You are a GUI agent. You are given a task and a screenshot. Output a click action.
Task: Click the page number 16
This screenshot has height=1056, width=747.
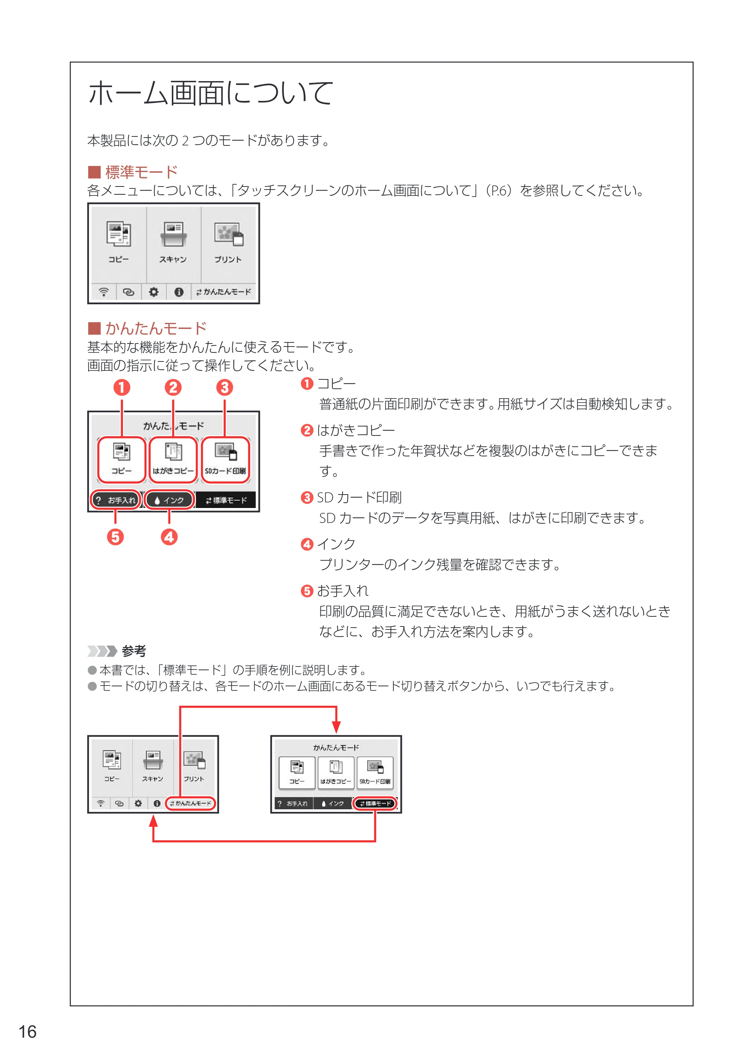tap(27, 1032)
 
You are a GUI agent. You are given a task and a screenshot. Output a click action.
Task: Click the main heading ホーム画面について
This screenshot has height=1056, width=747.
tap(210, 93)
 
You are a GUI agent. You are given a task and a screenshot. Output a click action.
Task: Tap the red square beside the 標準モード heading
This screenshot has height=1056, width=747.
tap(94, 172)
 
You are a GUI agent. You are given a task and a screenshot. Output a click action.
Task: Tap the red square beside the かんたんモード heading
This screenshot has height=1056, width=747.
tap(94, 328)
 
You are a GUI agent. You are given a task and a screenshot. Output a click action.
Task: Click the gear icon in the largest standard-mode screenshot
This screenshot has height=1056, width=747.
tap(154, 292)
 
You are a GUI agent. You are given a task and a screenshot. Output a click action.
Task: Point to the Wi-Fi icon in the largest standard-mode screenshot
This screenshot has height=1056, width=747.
tap(104, 292)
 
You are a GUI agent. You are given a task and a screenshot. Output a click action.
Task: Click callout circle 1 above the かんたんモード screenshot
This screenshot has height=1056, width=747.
tap(122, 388)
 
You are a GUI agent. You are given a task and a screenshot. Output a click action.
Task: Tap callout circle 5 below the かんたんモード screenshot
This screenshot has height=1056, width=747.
tap(115, 537)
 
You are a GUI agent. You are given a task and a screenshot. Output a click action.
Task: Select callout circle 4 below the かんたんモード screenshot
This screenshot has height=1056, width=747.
tap(169, 537)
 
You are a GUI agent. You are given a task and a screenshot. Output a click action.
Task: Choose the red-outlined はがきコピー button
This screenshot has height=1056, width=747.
tap(173, 460)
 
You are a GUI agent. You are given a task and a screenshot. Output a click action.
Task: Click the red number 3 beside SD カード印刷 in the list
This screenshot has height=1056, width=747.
tap(307, 498)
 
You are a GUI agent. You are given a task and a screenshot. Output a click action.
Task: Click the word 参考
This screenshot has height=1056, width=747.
tap(134, 651)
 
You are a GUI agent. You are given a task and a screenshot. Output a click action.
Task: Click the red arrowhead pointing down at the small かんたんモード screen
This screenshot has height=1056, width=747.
tap(336, 726)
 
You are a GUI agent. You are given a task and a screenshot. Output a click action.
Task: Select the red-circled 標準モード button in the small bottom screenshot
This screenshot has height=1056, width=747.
tap(375, 803)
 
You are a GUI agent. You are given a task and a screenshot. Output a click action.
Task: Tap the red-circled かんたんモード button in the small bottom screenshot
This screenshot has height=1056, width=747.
tap(190, 803)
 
